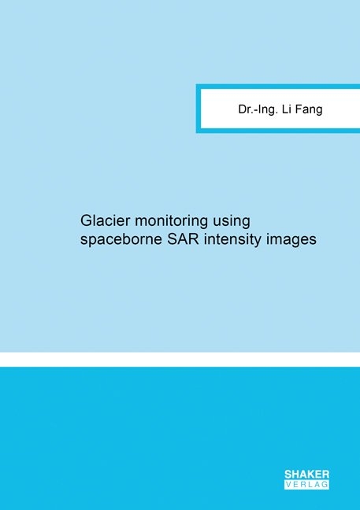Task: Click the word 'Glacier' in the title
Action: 105,220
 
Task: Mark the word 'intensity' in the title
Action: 232,240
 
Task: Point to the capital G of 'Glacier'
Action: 86,220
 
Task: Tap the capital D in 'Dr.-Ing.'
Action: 243,109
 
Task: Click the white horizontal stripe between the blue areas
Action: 180,359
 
